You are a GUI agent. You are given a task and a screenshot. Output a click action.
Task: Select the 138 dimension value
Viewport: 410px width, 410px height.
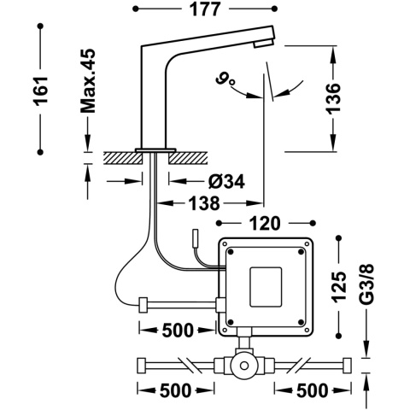[202, 203]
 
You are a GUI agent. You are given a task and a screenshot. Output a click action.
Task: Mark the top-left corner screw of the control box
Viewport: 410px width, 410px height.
[230, 249]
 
